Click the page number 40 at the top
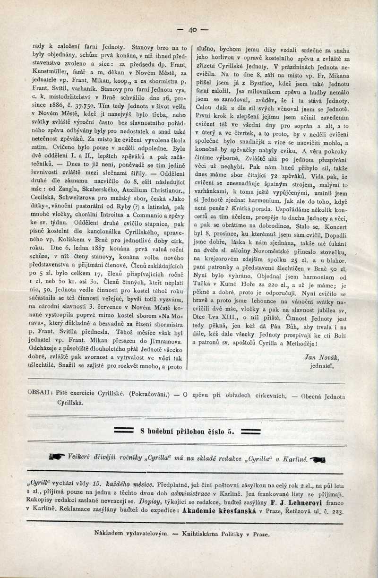point(192,30)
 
